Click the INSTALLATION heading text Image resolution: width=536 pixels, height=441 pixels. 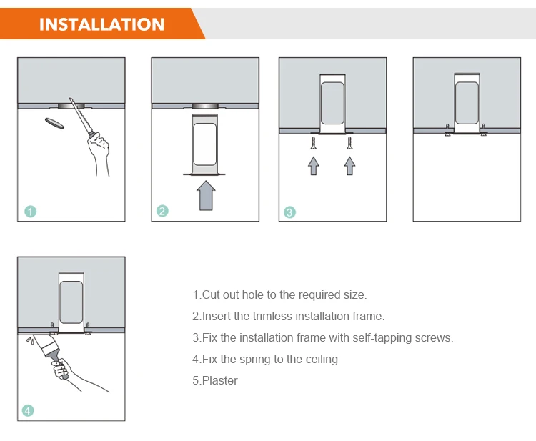coord(101,24)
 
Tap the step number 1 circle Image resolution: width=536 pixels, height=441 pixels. coord(31,212)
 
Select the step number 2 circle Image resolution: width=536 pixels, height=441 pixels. coord(162,211)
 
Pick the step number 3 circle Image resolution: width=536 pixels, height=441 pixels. coord(289,212)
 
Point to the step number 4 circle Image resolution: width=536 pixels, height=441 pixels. coord(28,410)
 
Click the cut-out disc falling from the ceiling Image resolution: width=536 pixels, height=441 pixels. coord(54,123)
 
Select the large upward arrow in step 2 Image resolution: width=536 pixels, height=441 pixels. coord(206,196)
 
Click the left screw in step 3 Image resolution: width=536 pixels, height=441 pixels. coord(314,143)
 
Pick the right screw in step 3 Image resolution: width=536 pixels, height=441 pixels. coord(349,143)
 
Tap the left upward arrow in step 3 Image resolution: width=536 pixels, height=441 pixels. coord(314,166)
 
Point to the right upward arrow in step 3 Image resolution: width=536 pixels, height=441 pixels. coord(349,166)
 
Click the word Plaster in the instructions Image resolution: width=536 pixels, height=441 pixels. coord(220,380)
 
